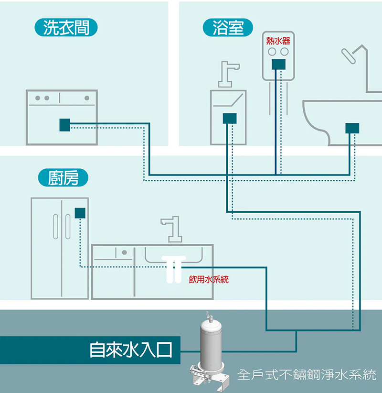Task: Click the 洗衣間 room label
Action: coord(66,27)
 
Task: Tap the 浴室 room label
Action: coord(228,27)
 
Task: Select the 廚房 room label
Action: coord(63,177)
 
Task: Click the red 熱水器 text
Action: coord(278,41)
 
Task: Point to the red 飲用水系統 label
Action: coord(209,279)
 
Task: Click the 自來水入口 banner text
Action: coord(131,350)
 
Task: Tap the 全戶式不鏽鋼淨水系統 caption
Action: coord(307,375)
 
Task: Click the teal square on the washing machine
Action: coord(64,125)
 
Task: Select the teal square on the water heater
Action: coord(278,65)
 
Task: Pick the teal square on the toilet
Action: coord(352,128)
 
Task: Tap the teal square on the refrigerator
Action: coord(80,213)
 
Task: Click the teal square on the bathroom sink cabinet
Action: coord(230,118)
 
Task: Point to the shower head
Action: coord(349,56)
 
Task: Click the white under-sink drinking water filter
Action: coord(174,269)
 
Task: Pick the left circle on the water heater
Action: coord(272,52)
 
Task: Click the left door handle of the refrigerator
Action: coord(55,227)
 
